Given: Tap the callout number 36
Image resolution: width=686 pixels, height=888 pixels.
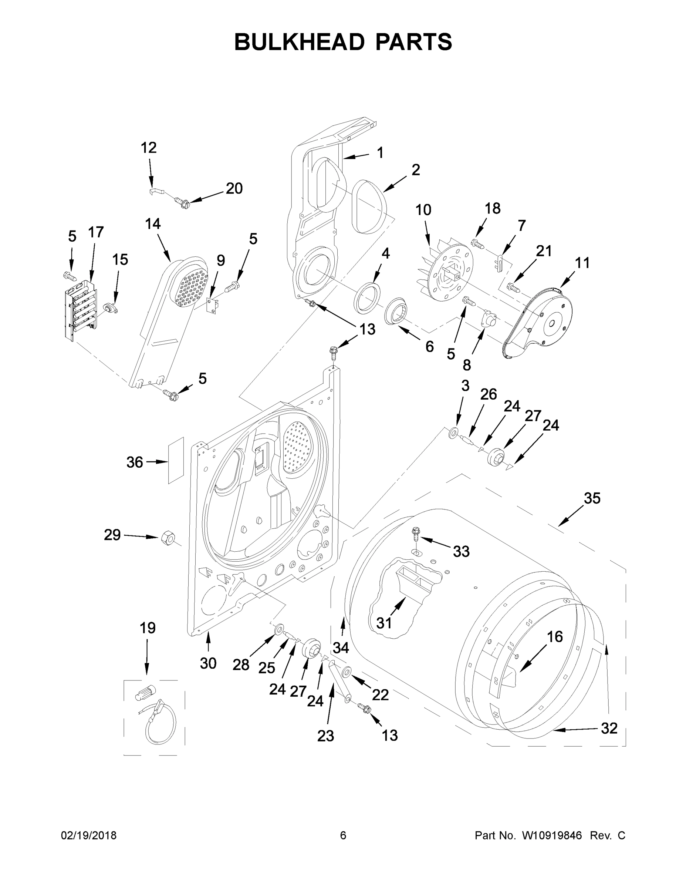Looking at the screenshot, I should point(135,462).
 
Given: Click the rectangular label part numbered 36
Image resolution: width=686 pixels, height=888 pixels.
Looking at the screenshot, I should point(176,461).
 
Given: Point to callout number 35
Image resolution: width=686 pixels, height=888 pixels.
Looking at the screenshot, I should point(592,498).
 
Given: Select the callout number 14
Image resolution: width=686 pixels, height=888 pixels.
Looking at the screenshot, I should point(153,224).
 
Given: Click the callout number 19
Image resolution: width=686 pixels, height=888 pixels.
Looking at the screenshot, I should point(148,628).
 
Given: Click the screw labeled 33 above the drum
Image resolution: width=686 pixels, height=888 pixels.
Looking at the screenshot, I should point(416,533).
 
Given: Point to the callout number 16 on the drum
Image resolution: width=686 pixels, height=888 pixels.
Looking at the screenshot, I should point(555,637).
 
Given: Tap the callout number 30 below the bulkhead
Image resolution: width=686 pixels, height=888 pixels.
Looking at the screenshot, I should point(208,663).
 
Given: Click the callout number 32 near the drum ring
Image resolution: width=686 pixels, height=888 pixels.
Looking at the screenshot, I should point(609,728).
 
